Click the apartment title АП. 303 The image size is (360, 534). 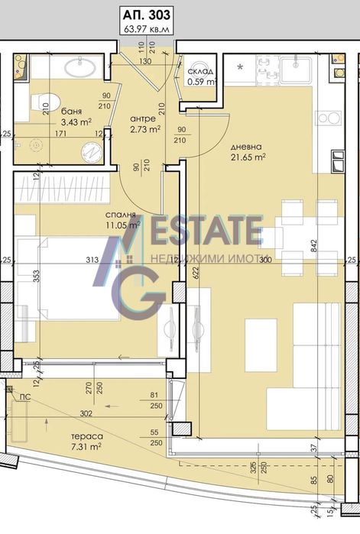(145, 13)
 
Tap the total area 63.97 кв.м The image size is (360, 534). (145, 29)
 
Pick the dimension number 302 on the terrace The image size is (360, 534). (85, 413)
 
